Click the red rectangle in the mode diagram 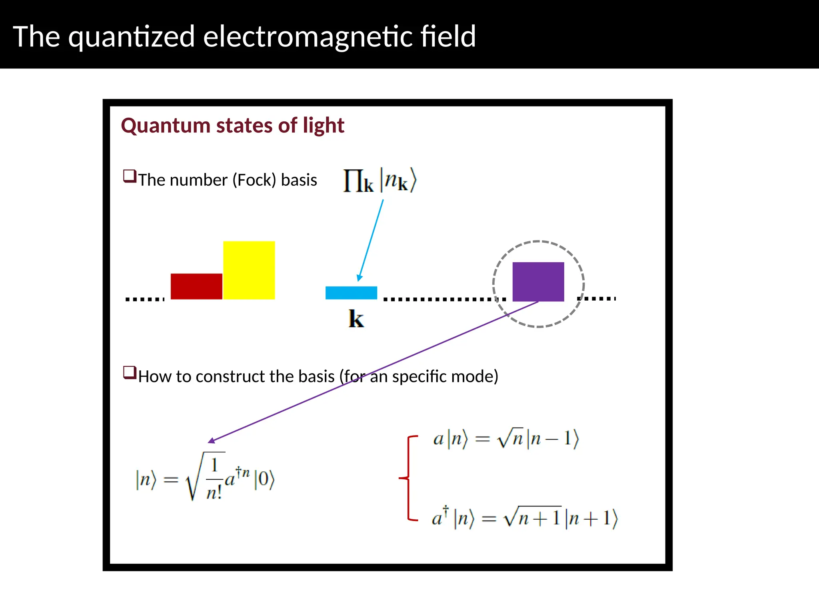click(x=196, y=286)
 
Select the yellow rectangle click(x=249, y=270)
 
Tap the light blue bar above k click(x=351, y=293)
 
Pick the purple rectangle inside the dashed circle click(x=538, y=281)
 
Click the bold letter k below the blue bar click(x=356, y=319)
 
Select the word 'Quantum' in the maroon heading click(x=166, y=125)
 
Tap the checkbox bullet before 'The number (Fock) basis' click(x=130, y=176)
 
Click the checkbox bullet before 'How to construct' click(x=130, y=373)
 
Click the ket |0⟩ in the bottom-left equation click(x=265, y=479)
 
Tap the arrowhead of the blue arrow click(x=359, y=278)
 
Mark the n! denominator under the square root click(x=214, y=492)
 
